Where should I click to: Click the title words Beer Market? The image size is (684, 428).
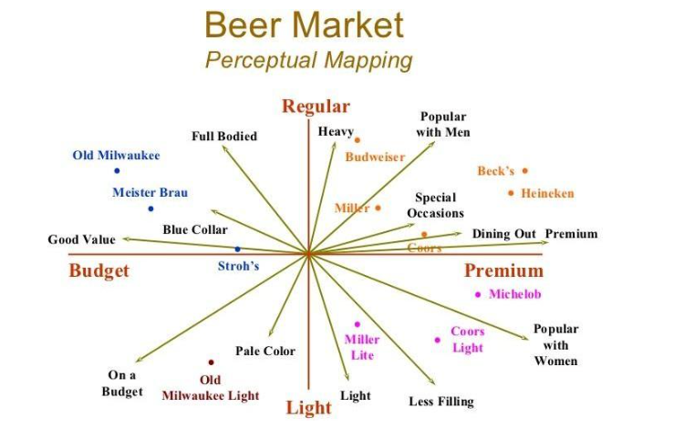click(x=304, y=25)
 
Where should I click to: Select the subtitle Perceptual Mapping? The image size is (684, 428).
click(x=308, y=60)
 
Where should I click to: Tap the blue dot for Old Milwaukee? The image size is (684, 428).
click(x=117, y=170)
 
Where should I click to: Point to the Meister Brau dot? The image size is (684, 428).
click(x=151, y=209)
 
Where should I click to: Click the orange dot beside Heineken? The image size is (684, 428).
click(x=511, y=193)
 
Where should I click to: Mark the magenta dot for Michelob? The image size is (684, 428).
click(x=478, y=294)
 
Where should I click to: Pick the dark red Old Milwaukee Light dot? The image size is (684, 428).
click(x=211, y=362)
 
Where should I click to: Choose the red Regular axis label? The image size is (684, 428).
click(x=316, y=107)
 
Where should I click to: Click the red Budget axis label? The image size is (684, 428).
click(x=99, y=270)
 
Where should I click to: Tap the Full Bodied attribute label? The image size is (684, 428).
click(x=224, y=137)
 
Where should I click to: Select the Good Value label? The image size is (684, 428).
click(x=82, y=239)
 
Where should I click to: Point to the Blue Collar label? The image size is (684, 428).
click(x=195, y=229)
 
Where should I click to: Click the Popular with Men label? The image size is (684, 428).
click(x=444, y=125)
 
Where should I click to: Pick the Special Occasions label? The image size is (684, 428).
click(x=435, y=205)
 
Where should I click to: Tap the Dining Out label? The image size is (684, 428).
click(x=503, y=234)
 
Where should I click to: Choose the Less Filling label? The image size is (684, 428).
click(x=441, y=401)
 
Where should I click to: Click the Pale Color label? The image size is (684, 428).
click(x=265, y=351)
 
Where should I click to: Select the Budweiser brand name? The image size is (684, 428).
click(x=375, y=157)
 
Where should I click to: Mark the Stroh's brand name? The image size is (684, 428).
click(x=238, y=266)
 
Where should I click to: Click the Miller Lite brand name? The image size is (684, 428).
click(x=362, y=347)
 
